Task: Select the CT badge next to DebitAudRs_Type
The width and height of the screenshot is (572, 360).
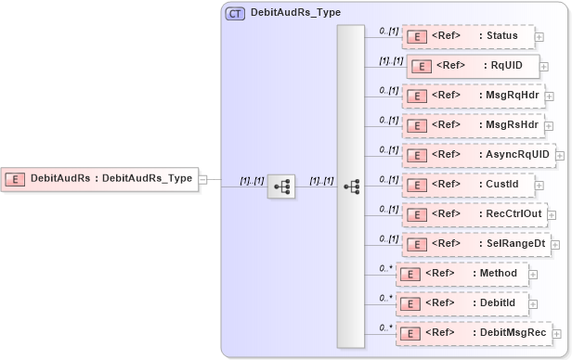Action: (235, 14)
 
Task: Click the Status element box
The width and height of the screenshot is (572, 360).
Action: (468, 36)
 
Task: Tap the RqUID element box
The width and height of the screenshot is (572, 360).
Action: (473, 67)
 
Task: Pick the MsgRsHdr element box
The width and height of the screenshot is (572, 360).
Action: (472, 124)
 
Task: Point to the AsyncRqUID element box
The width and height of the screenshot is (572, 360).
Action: (477, 154)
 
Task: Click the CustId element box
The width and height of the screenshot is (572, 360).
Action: (468, 184)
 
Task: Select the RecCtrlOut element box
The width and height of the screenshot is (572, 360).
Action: (474, 213)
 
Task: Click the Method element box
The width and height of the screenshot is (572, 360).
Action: (461, 274)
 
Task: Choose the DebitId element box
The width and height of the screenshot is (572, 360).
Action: (461, 302)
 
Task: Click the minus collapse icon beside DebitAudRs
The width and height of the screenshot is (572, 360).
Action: (203, 179)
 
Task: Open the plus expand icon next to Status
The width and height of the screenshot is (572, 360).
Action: (539, 37)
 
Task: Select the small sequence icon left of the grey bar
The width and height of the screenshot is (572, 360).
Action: (281, 186)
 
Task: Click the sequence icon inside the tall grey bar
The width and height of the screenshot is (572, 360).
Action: (351, 186)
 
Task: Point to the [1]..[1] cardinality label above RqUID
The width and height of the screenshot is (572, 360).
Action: (389, 60)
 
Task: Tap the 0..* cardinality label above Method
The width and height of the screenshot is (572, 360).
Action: (384, 267)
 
